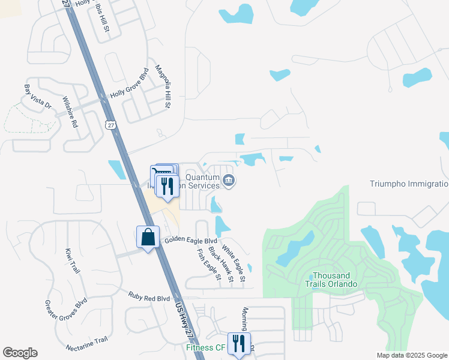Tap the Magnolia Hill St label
[x=163, y=86]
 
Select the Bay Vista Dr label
[x=38, y=96]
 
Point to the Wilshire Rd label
[x=71, y=112]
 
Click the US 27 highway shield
[x=109, y=124]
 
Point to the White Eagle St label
[x=234, y=262]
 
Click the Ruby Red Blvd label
[x=149, y=296]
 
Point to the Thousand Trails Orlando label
[x=331, y=280]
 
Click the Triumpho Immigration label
[x=408, y=184]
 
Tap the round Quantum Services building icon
[x=228, y=180]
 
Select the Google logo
[x=20, y=353]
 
